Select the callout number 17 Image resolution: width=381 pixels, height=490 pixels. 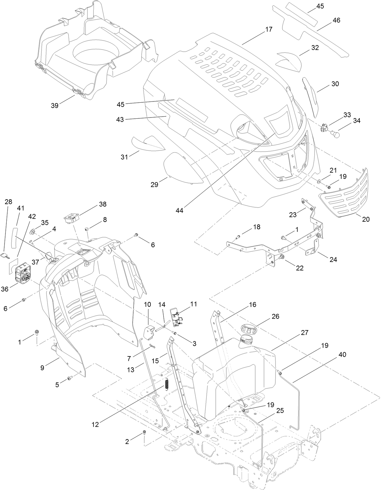click(269, 29)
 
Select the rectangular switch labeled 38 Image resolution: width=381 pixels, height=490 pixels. click(72, 218)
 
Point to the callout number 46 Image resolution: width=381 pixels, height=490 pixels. click(336, 20)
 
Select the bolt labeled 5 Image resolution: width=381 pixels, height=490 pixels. click(70, 378)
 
